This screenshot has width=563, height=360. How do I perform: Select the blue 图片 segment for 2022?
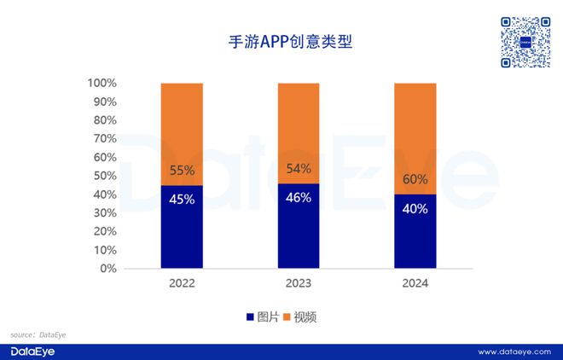[182, 227]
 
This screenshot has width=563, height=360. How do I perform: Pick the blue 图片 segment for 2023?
[299, 226]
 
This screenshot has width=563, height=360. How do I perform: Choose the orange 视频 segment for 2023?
[299, 132]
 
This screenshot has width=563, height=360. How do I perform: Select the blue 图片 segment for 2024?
[415, 231]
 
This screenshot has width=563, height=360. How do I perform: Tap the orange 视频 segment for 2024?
[415, 138]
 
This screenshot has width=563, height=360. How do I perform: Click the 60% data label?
[415, 180]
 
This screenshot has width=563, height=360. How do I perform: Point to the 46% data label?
[299, 197]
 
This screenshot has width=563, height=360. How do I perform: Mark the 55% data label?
[182, 171]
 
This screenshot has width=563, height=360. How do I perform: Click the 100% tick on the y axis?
[102, 84]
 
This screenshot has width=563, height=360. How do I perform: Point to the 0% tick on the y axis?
[108, 269]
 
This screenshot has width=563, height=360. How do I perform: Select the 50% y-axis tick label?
[105, 176]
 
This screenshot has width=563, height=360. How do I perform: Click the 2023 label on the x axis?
[299, 283]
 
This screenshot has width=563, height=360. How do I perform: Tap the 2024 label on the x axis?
[415, 283]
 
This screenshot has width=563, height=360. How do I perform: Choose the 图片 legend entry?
[262, 316]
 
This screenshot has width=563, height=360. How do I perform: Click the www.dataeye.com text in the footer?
[514, 351]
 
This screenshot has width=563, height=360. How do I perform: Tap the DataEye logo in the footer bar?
[32, 351]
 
